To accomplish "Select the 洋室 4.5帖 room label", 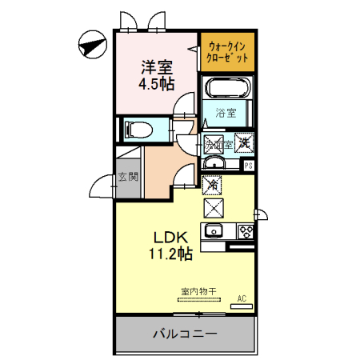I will click(156, 74).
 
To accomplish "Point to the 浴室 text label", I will click(226, 114).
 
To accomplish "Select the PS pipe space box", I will click(249, 166).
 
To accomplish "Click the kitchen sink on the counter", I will click(214, 232).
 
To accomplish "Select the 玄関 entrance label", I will click(127, 177).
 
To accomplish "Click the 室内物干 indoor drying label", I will click(199, 291).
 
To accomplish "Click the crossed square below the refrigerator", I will click(214, 208).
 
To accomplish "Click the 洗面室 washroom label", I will click(218, 145).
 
